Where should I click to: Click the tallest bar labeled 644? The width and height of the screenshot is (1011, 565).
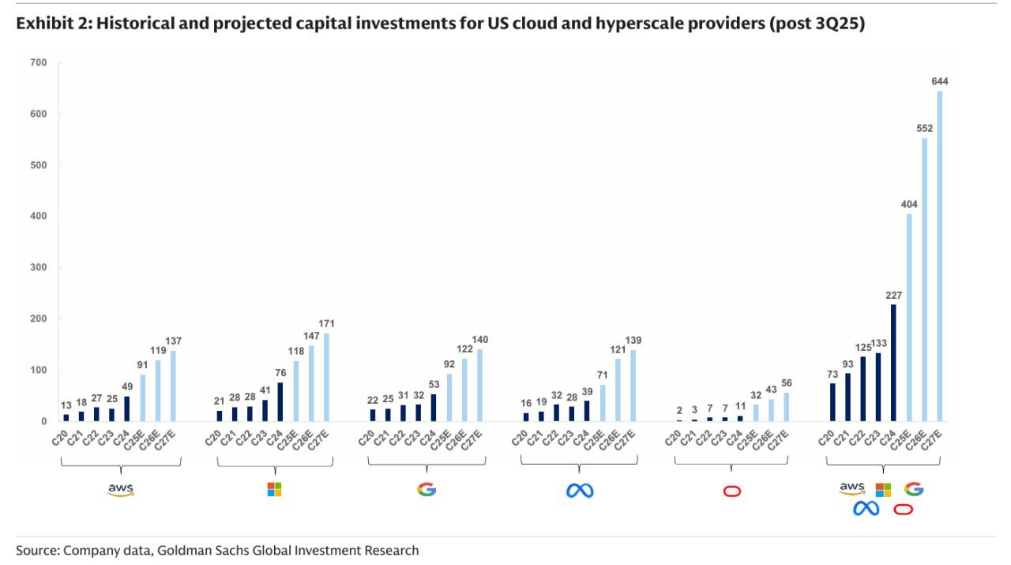click(x=939, y=256)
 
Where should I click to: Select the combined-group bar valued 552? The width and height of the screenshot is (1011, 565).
click(x=924, y=280)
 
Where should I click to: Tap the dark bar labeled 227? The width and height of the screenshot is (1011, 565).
click(x=893, y=363)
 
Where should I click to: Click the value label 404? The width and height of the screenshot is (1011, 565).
click(x=909, y=205)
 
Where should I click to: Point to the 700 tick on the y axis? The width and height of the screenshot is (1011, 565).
click(x=38, y=62)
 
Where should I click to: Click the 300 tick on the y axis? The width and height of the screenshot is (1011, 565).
click(x=38, y=268)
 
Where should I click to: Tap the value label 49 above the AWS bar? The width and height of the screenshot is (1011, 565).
click(x=126, y=386)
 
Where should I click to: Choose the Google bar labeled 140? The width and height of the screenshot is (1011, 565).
click(x=479, y=386)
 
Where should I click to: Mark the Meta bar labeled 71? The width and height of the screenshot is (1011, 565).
click(x=603, y=403)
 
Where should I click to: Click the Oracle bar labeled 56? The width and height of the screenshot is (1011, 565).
click(x=786, y=407)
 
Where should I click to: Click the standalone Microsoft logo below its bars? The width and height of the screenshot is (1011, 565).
click(x=274, y=490)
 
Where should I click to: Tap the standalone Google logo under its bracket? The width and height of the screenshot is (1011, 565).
click(x=427, y=490)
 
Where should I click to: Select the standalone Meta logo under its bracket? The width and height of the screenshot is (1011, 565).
click(x=580, y=491)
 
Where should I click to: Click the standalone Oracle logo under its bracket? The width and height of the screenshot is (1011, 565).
click(x=732, y=491)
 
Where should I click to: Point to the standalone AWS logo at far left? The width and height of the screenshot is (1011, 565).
click(x=121, y=490)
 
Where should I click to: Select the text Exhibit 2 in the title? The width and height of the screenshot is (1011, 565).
click(x=49, y=24)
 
